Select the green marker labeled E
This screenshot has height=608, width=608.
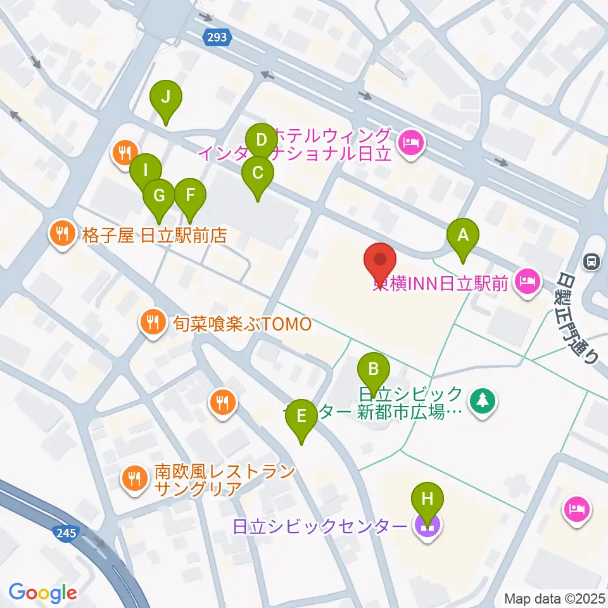[x=301, y=417]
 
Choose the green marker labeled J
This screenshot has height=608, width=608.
[x=166, y=98]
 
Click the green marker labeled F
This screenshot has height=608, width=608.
[x=190, y=196]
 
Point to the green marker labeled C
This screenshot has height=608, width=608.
[x=258, y=174]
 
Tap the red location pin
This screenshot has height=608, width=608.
[x=380, y=260]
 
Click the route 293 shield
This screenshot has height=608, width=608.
[x=217, y=38]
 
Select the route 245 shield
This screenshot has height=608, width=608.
[x=66, y=535]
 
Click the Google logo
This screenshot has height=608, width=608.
[x=42, y=593]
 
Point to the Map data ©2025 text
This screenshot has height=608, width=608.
[x=555, y=598]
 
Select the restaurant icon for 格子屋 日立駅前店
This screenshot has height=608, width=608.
[x=61, y=233]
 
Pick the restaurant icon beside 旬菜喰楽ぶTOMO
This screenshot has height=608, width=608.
[x=151, y=320]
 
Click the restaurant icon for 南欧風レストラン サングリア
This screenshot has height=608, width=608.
[x=134, y=478]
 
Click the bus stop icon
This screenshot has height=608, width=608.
[x=592, y=261]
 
